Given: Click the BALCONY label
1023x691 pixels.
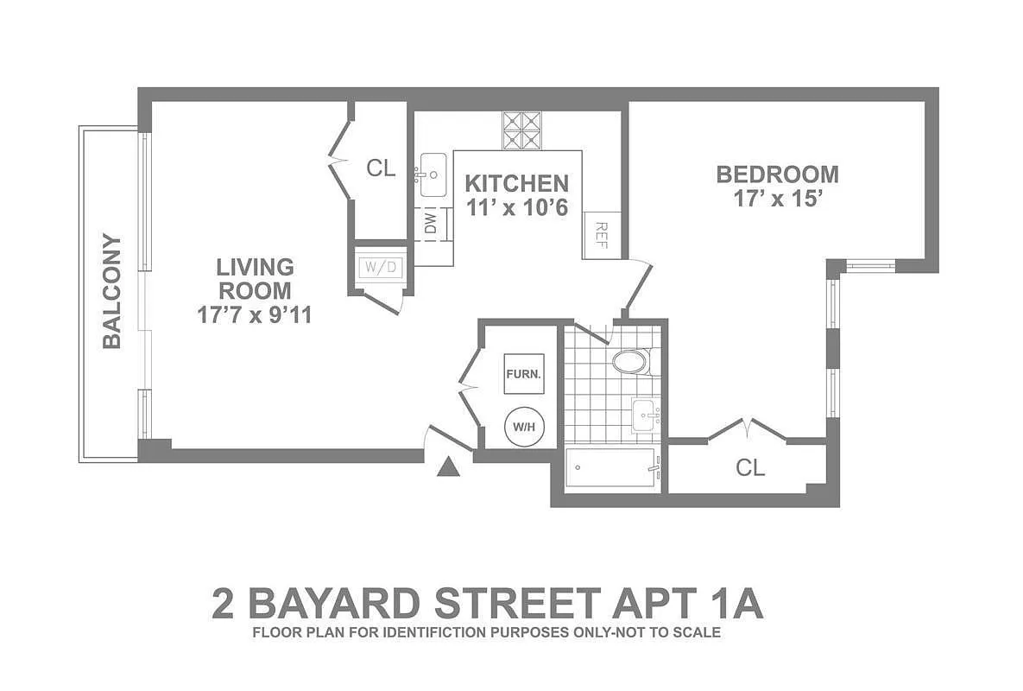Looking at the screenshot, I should [x=111, y=291].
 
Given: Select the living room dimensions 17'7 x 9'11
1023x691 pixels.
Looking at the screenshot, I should [x=254, y=315].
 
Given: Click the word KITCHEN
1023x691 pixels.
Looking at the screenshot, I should [x=516, y=183].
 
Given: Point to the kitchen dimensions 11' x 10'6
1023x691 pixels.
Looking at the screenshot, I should [x=516, y=207].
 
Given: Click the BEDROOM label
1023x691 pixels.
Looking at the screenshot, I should [x=777, y=174].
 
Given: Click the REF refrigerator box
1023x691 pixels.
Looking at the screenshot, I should [x=602, y=234].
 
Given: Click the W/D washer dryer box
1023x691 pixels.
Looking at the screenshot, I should [x=381, y=267].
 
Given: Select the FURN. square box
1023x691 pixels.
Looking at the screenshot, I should [x=524, y=374].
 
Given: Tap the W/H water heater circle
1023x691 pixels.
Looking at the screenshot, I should [x=524, y=426].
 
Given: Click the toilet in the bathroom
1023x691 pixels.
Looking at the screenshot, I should [x=629, y=361].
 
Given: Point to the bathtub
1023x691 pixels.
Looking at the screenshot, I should [x=610, y=471].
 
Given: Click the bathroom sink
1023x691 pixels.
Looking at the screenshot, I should [x=644, y=416].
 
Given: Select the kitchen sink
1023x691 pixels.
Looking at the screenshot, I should [x=432, y=175].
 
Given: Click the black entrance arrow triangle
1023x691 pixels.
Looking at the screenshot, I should [x=447, y=468].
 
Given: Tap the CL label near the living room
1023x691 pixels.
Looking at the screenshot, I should [x=381, y=168].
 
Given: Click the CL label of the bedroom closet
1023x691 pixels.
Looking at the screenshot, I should [x=750, y=468].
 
